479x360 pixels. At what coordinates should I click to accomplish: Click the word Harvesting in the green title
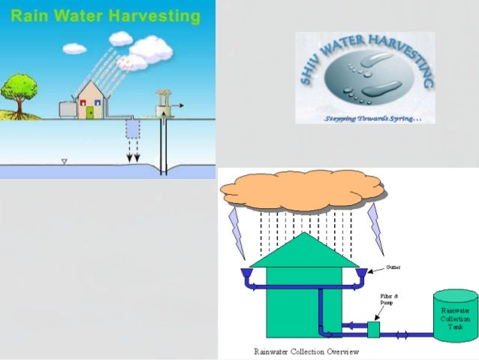pyautogui.click(x=155, y=15)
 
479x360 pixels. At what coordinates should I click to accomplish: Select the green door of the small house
pyautogui.click(x=90, y=113)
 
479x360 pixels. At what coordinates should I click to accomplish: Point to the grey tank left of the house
pyautogui.click(x=66, y=109)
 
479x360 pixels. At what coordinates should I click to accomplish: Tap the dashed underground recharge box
pyautogui.click(x=132, y=129)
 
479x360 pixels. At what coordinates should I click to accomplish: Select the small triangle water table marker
pyautogui.click(x=64, y=161)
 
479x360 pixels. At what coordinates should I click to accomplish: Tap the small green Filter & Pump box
pyautogui.click(x=373, y=329)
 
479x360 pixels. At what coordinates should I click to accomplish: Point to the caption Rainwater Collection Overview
pyautogui.click(x=306, y=351)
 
